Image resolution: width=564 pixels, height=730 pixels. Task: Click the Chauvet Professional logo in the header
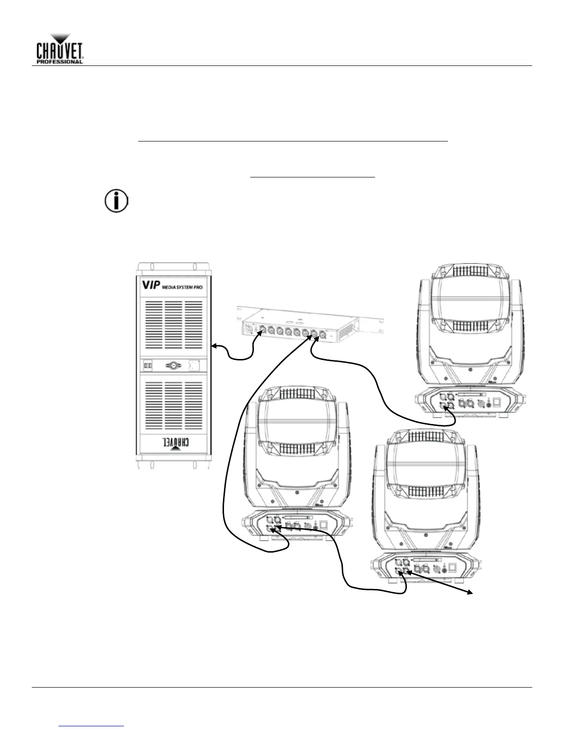coord(60,48)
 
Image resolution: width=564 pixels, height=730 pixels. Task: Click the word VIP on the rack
coord(150,285)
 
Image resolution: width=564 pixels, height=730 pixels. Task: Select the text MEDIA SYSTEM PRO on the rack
coord(182,287)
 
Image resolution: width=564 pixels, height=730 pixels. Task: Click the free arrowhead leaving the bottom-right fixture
coord(473,592)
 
